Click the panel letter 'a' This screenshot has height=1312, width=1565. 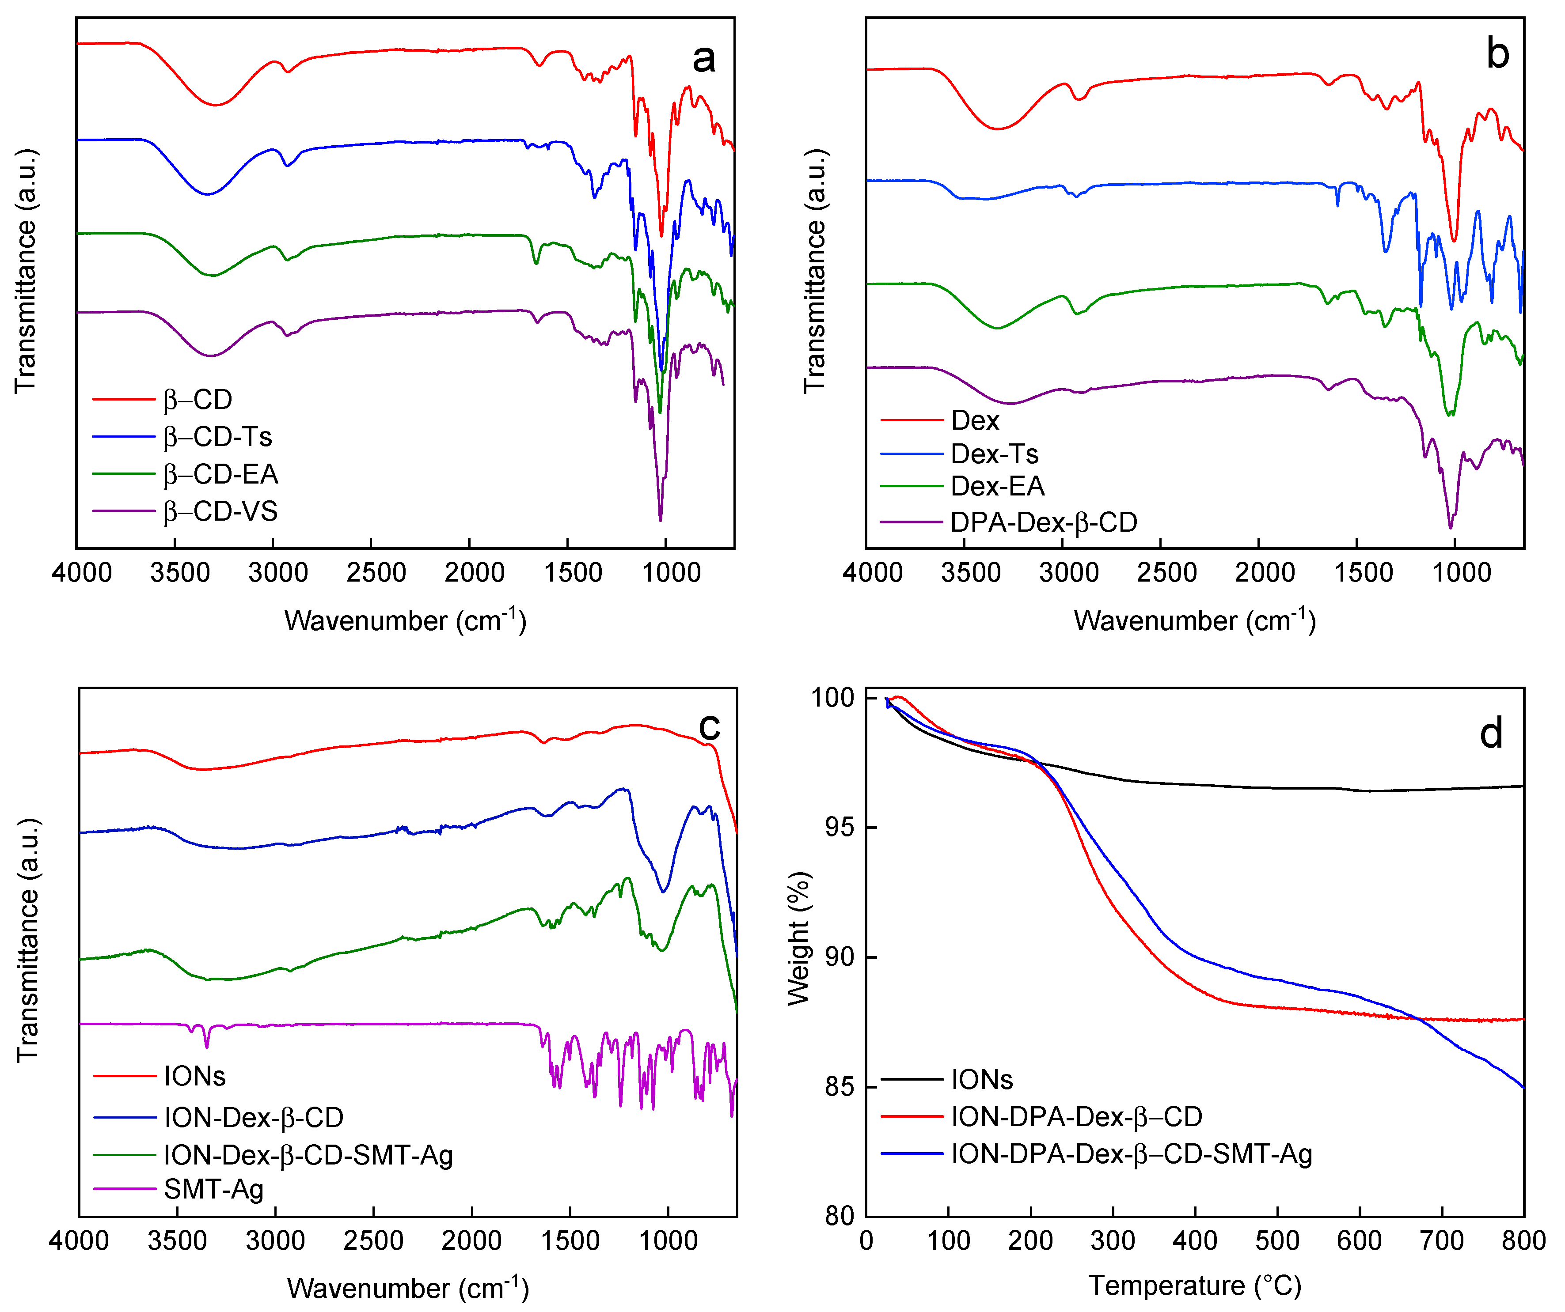tap(703, 59)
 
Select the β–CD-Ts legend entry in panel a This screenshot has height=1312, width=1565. tap(218, 437)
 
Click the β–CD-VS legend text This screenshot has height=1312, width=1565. tap(220, 511)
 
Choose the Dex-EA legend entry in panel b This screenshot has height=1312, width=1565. tap(997, 486)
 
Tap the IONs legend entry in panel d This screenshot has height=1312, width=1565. tap(981, 1080)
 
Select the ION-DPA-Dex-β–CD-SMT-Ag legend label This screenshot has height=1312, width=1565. tap(1131, 1154)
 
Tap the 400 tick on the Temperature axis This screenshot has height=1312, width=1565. tap(1195, 1241)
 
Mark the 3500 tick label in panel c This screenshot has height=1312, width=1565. tap(177, 1241)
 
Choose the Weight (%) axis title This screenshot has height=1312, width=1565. tap(798, 939)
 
